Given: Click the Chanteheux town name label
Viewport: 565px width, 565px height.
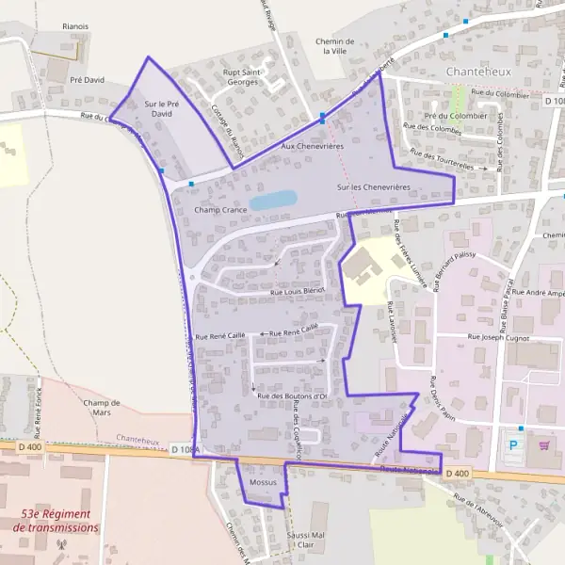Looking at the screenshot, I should point(478,72).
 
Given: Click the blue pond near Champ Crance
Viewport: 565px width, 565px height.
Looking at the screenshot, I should point(273,200).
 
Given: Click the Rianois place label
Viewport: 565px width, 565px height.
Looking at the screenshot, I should point(74,27).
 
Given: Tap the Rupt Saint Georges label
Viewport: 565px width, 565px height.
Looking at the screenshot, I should point(240,76).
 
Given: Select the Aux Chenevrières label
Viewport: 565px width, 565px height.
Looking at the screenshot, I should point(312,147).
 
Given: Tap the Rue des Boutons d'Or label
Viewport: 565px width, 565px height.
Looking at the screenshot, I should point(291,395).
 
